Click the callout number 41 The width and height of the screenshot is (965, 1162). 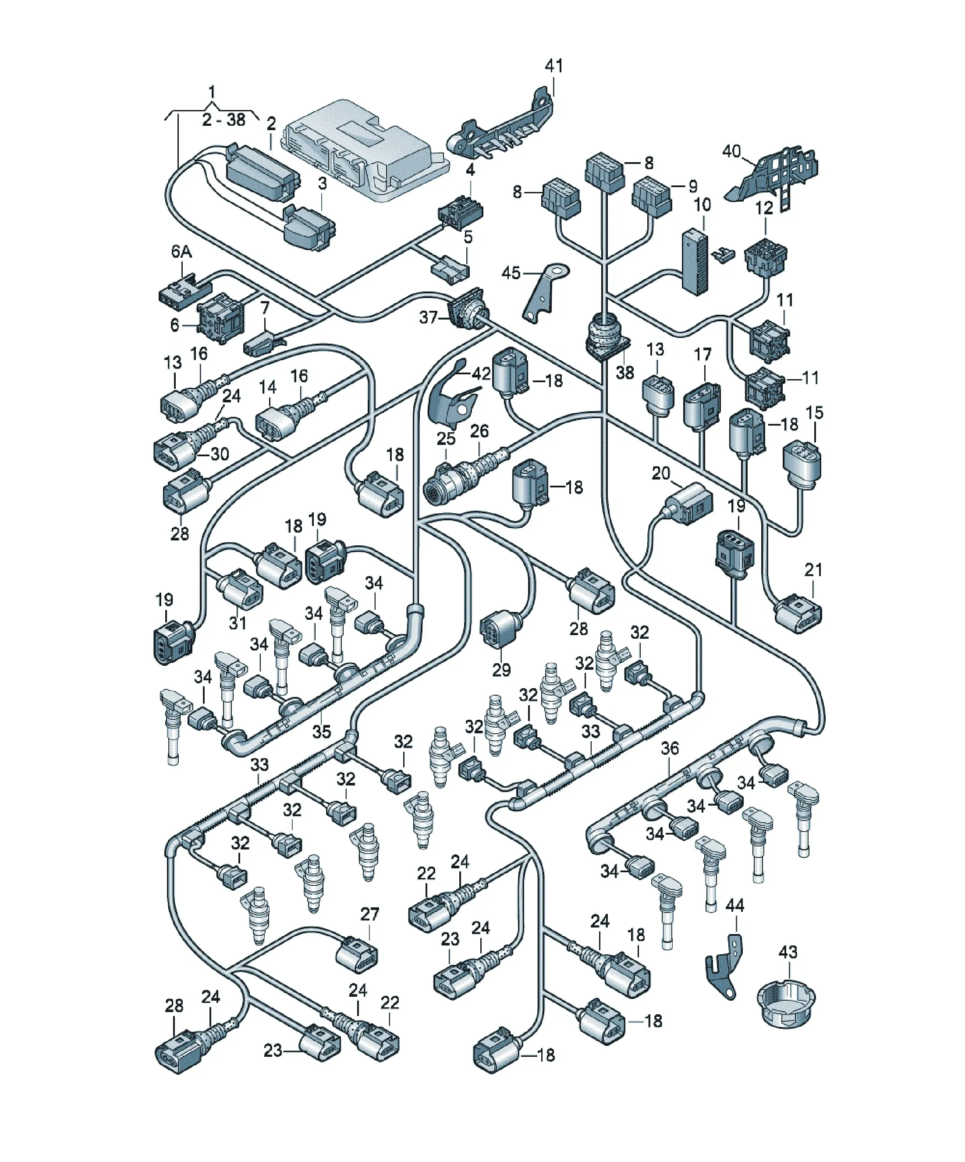click(554, 66)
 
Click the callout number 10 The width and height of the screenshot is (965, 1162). click(702, 205)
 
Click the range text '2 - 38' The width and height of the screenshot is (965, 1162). click(224, 120)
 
